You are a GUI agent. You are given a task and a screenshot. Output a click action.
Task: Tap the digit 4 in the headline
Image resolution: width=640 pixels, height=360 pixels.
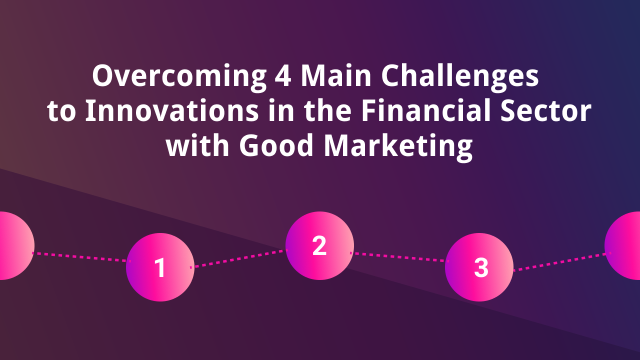pyautogui.click(x=282, y=76)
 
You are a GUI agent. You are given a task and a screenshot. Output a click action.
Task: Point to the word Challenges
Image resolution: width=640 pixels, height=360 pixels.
pyautogui.click(x=460, y=77)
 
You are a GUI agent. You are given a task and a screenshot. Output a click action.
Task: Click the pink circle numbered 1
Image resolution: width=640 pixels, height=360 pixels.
pyautogui.click(x=160, y=267)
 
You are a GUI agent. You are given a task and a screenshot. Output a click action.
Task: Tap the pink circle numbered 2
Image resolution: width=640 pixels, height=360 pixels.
pyautogui.click(x=319, y=245)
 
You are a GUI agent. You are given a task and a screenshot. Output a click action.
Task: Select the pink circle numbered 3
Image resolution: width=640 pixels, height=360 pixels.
pyautogui.click(x=479, y=267)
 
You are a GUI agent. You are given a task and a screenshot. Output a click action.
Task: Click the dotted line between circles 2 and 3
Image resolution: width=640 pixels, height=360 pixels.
pyautogui.click(x=399, y=257)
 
